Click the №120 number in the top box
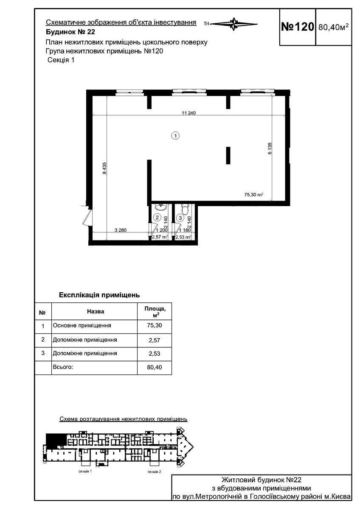[297, 27]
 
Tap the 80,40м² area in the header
[333, 27]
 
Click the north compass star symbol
[234, 24]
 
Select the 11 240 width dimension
[189, 113]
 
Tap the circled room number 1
[176, 136]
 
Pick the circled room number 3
[180, 218]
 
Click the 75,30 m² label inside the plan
[253, 195]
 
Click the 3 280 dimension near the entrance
[121, 230]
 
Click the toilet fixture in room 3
[185, 208]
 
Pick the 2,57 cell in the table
[155, 340]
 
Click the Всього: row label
[63, 367]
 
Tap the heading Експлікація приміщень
[99, 295]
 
